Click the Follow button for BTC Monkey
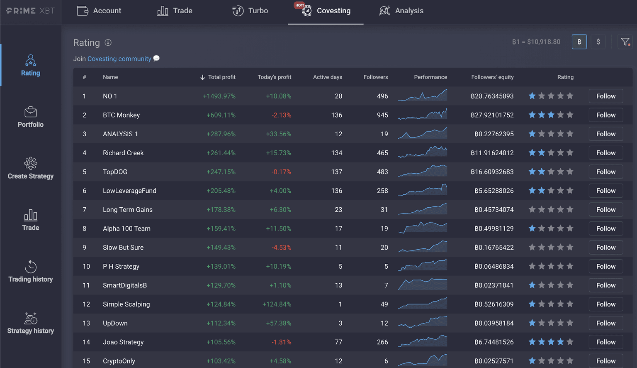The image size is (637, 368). pyautogui.click(x=605, y=115)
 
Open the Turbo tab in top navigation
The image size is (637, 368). pyautogui.click(x=250, y=11)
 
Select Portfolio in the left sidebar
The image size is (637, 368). pyautogui.click(x=30, y=117)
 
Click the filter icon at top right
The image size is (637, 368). pyautogui.click(x=625, y=42)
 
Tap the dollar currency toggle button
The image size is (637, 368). pyautogui.click(x=598, y=42)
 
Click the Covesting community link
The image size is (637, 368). pyautogui.click(x=119, y=59)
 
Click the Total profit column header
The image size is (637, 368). pyautogui.click(x=218, y=77)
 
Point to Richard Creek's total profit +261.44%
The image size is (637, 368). pyautogui.click(x=221, y=153)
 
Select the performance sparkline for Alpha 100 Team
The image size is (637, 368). pyautogui.click(x=422, y=228)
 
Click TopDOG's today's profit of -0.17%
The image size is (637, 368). pyautogui.click(x=281, y=172)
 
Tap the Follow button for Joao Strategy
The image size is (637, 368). pyautogui.click(x=605, y=342)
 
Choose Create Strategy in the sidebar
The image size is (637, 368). pyautogui.click(x=30, y=169)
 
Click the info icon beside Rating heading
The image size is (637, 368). pyautogui.click(x=108, y=43)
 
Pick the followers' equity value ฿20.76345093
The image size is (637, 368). pyautogui.click(x=492, y=96)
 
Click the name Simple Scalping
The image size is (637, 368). pyautogui.click(x=126, y=304)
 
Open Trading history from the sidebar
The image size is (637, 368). pyautogui.click(x=30, y=272)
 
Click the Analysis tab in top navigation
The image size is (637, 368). pyautogui.click(x=401, y=11)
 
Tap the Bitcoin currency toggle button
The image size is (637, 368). pyautogui.click(x=579, y=42)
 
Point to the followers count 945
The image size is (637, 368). pyautogui.click(x=382, y=115)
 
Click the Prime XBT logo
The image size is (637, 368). pyautogui.click(x=30, y=11)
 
